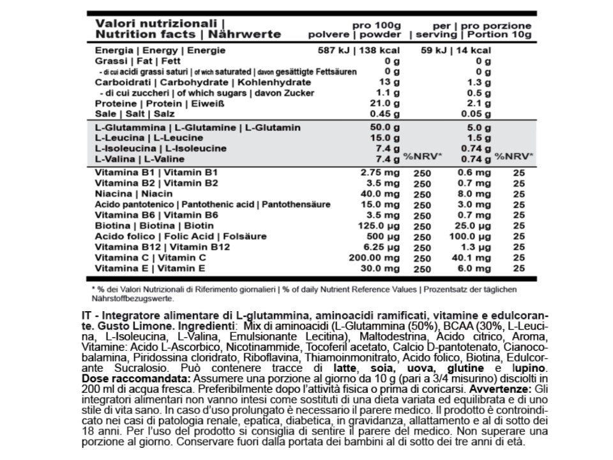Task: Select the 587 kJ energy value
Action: coord(336,50)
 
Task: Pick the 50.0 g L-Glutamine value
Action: coord(384,128)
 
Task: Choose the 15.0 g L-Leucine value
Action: coord(384,138)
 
